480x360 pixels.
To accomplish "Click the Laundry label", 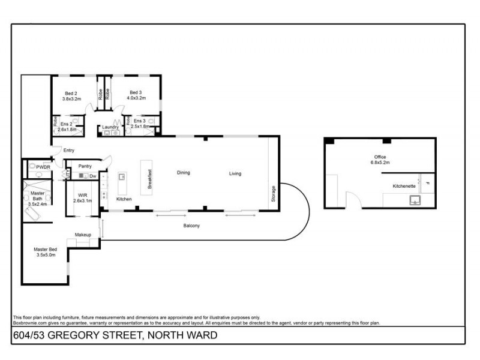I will pyautogui.click(x=110, y=127).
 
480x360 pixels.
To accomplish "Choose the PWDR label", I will pyautogui.click(x=43, y=167).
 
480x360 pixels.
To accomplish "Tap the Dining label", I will pyautogui.click(x=183, y=173).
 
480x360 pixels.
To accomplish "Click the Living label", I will pyautogui.click(x=235, y=174).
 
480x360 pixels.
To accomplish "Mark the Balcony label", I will pyautogui.click(x=191, y=226).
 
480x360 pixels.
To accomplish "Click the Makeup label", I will pyautogui.click(x=83, y=234).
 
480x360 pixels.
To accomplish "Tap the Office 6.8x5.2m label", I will pyautogui.click(x=382, y=160).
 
